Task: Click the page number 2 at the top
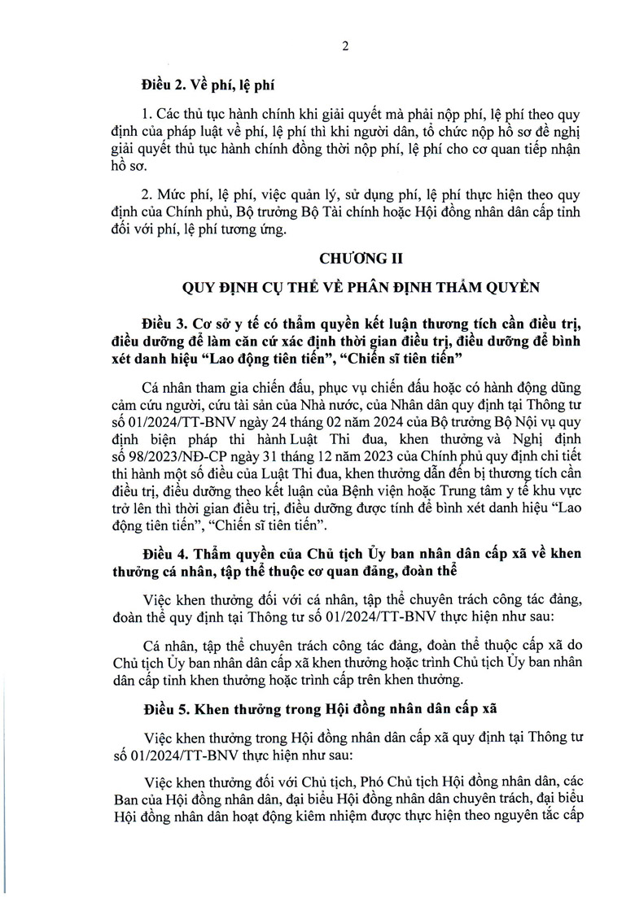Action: click(x=345, y=46)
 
